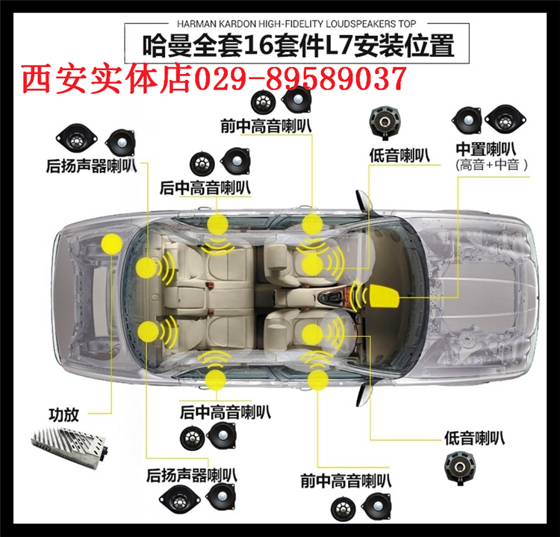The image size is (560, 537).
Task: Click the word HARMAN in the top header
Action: [197, 24]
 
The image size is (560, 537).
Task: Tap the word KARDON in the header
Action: [237, 24]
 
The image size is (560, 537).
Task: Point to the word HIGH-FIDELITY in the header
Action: [290, 24]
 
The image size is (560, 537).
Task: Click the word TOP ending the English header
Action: [407, 24]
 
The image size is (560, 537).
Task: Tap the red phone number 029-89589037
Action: [300, 79]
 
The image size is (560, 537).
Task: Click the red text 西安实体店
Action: [107, 78]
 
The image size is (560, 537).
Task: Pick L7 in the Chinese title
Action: [338, 46]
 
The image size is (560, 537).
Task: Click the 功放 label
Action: [63, 415]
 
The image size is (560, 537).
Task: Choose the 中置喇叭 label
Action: [486, 149]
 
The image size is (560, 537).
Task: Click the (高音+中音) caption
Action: [491, 165]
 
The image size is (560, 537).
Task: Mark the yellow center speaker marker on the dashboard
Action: [383, 297]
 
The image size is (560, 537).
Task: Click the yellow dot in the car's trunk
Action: [112, 243]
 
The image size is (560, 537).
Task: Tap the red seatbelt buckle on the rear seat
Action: [211, 285]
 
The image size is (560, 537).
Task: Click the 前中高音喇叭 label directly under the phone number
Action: [266, 125]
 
